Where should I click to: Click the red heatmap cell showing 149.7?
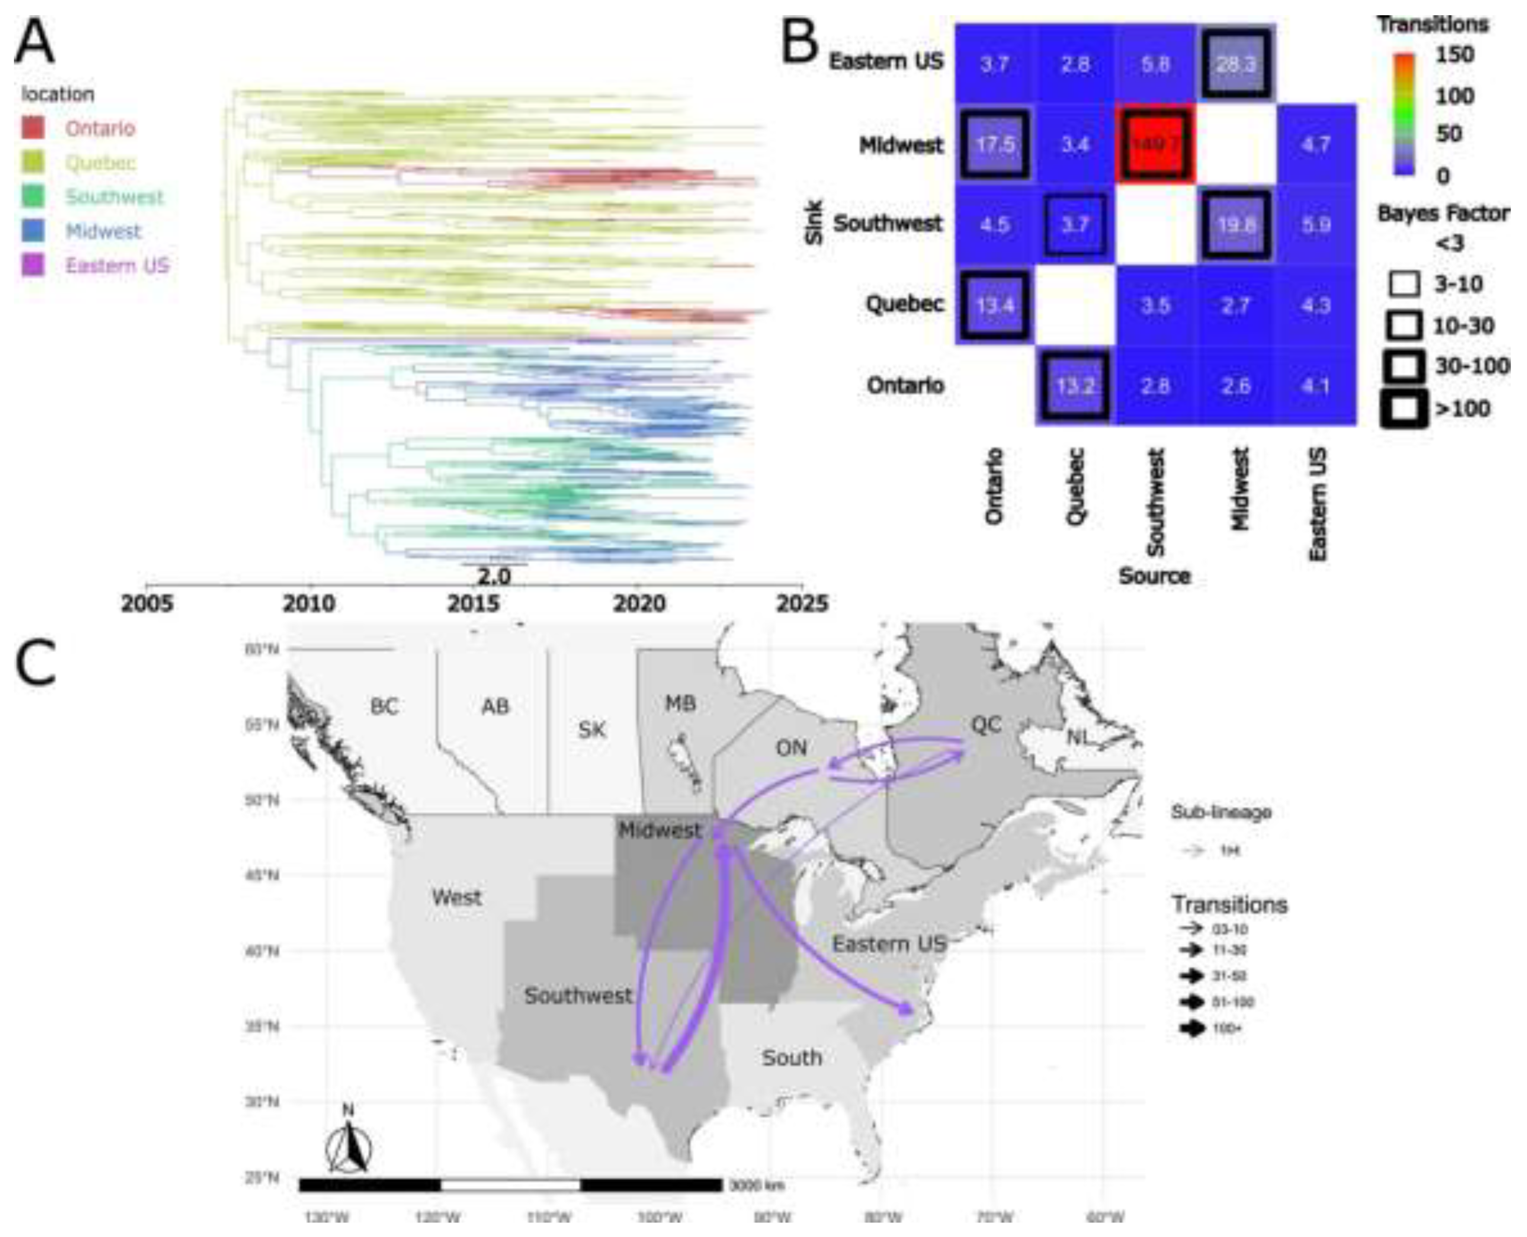click(x=1155, y=144)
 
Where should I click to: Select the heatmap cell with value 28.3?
click(x=1235, y=64)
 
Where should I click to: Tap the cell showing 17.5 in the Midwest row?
click(x=995, y=144)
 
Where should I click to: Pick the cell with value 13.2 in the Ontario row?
click(x=1075, y=385)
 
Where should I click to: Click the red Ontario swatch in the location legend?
click(x=33, y=128)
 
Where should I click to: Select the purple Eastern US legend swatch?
click(x=33, y=265)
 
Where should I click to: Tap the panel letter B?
click(x=799, y=44)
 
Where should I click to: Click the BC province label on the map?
click(x=384, y=706)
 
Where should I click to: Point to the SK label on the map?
click(x=591, y=730)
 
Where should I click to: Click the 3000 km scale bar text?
click(x=756, y=1186)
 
